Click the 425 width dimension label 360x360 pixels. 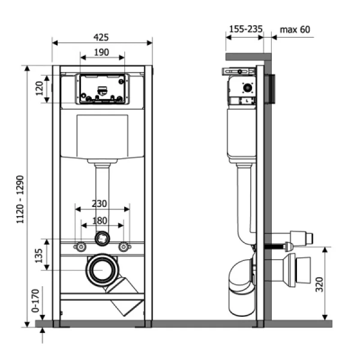pyautogui.click(x=101, y=37)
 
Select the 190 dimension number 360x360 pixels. pyautogui.click(x=101, y=52)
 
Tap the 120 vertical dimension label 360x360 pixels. pyautogui.click(x=39, y=88)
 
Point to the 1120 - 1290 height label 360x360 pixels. pyautogui.click(x=20, y=199)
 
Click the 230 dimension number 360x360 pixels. pyautogui.click(x=99, y=203)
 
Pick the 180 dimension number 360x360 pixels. pyautogui.click(x=100, y=221)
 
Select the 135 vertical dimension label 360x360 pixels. pyautogui.click(x=39, y=256)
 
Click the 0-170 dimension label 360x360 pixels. pyautogui.click(x=35, y=301)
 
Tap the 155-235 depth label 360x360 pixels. pyautogui.click(x=245, y=29)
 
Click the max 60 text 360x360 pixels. pyautogui.click(x=295, y=29)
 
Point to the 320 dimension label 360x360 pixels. pyautogui.click(x=319, y=284)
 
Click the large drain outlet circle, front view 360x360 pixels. pyautogui.click(x=102, y=270)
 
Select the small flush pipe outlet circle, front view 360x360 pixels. pyautogui.click(x=102, y=239)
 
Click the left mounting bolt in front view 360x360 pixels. pyautogui.click(x=80, y=247)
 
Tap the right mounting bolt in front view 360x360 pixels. pyautogui.click(x=124, y=247)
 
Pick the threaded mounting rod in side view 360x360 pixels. pyautogui.click(x=275, y=247)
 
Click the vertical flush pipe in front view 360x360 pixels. pyautogui.click(x=103, y=197)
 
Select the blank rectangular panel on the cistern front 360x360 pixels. pyautogui.click(x=102, y=136)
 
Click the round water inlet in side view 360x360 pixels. pyautogui.click(x=247, y=88)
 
